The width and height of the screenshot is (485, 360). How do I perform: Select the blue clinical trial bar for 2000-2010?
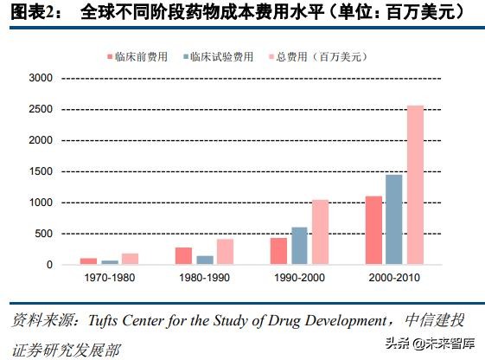(x=394, y=220)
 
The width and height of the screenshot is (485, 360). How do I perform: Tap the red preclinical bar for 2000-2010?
(x=373, y=230)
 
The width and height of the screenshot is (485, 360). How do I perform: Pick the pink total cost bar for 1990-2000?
(x=321, y=232)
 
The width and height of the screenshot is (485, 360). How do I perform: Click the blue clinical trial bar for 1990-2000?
(x=299, y=246)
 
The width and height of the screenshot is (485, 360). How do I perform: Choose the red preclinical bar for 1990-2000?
(x=278, y=251)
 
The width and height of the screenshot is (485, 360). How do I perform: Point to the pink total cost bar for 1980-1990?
(x=226, y=252)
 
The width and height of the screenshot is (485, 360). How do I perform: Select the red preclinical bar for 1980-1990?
(x=183, y=256)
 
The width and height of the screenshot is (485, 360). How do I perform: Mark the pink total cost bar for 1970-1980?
(x=131, y=259)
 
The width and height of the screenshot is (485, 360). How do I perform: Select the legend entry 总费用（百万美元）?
(x=321, y=56)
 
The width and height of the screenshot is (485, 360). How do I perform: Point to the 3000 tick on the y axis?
(x=41, y=78)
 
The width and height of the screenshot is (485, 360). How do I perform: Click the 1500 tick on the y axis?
(x=41, y=171)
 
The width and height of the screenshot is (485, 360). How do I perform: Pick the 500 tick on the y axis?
(x=44, y=234)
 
